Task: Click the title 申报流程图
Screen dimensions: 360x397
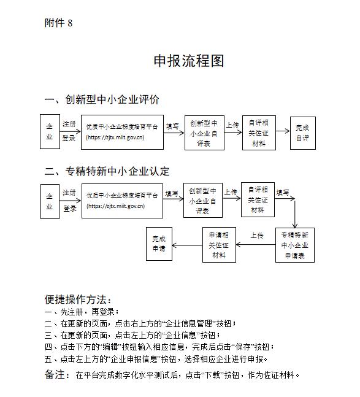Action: (x=189, y=61)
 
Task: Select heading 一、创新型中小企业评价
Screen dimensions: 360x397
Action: (x=102, y=100)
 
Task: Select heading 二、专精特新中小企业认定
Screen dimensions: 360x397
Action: (x=107, y=171)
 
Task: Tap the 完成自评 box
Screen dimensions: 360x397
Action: (x=302, y=133)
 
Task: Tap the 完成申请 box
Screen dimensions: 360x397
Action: (x=159, y=244)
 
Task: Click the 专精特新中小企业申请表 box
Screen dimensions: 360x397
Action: (x=295, y=245)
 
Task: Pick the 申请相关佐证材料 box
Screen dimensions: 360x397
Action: (x=219, y=245)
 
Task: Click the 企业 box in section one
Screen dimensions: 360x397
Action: (x=50, y=131)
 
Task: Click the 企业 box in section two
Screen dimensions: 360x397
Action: (x=50, y=201)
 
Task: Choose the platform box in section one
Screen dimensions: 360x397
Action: (x=122, y=131)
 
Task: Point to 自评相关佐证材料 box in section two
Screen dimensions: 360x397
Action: (x=258, y=199)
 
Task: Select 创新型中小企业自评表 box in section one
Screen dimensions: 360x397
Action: (x=203, y=133)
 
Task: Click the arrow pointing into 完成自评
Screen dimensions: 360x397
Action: (x=282, y=130)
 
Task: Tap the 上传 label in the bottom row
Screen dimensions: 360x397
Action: (x=257, y=235)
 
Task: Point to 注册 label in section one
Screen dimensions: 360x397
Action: (x=69, y=123)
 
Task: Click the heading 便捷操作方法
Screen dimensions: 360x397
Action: (x=78, y=299)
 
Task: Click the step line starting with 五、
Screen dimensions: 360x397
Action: (x=156, y=358)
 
